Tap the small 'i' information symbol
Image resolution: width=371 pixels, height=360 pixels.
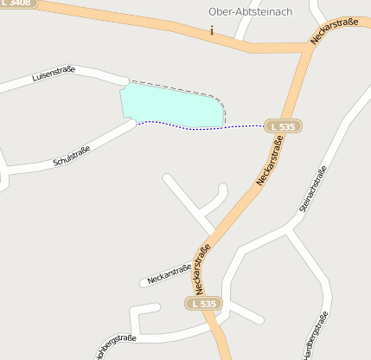(211, 30)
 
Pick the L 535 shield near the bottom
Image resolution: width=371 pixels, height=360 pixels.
(204, 304)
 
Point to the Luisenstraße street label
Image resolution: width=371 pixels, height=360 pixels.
(54, 75)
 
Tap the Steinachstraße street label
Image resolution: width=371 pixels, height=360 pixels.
(312, 189)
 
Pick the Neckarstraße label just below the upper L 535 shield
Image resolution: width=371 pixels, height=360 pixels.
(271, 161)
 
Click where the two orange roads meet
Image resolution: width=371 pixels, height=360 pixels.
(308, 48)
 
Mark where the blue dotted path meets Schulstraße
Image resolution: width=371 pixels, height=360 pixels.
(137, 122)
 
